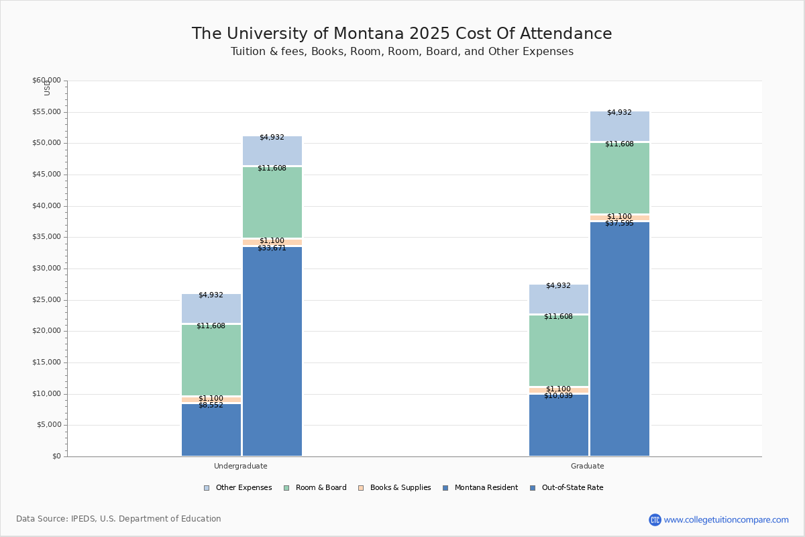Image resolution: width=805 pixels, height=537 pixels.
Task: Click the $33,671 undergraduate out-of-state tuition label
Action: pyautogui.click(x=272, y=248)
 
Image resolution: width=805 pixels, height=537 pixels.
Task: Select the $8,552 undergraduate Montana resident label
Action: pyautogui.click(x=211, y=405)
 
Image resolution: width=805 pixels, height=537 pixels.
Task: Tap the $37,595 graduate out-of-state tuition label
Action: pyautogui.click(x=619, y=224)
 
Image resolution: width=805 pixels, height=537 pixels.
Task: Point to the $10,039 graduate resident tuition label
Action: pyautogui.click(x=558, y=396)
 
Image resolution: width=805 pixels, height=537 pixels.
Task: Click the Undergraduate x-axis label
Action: pyautogui.click(x=240, y=466)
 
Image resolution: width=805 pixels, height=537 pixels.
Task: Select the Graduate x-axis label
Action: pyautogui.click(x=588, y=466)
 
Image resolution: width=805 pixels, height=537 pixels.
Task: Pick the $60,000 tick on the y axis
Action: pyautogui.click(x=46, y=81)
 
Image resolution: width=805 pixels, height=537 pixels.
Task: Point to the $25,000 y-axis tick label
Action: pyautogui.click(x=46, y=300)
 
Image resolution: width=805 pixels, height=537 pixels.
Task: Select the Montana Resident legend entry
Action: pyautogui.click(x=480, y=488)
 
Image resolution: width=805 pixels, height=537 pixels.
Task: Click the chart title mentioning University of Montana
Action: pyautogui.click(x=402, y=34)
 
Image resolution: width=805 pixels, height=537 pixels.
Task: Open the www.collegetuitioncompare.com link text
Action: pyautogui.click(x=726, y=520)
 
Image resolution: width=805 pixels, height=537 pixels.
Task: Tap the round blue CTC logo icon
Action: pyautogui.click(x=655, y=520)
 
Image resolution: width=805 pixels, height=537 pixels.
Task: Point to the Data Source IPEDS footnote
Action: pyautogui.click(x=119, y=519)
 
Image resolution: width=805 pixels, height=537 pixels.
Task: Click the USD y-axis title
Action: pyautogui.click(x=47, y=87)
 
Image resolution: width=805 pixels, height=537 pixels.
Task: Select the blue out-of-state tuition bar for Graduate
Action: pyautogui.click(x=620, y=339)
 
